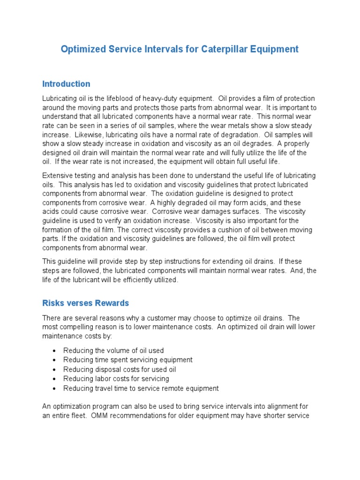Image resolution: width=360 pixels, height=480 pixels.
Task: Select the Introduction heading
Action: tap(66, 84)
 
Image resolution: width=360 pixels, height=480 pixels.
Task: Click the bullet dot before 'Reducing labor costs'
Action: tap(55, 379)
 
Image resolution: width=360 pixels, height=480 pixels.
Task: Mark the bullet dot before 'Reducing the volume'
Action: tap(55, 351)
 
